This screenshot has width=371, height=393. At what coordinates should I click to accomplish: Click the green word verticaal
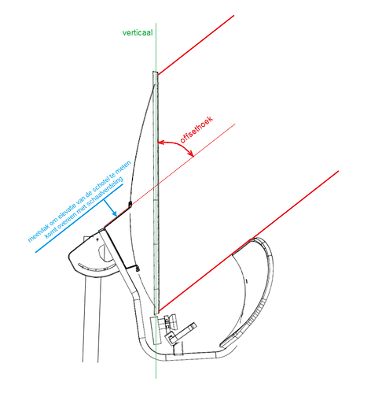[138, 33]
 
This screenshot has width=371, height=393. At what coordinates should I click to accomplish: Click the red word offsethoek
[197, 130]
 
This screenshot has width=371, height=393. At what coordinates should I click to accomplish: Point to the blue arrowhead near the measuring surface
[114, 213]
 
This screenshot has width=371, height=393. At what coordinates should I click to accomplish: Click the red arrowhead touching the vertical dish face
[161, 143]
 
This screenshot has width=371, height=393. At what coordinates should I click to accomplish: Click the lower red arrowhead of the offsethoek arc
[191, 154]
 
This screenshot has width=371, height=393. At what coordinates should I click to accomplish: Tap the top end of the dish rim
[155, 72]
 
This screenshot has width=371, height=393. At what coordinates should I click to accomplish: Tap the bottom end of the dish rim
[156, 313]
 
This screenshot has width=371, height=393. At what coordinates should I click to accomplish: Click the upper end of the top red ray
[233, 16]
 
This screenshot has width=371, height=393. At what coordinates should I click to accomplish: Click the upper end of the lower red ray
[338, 171]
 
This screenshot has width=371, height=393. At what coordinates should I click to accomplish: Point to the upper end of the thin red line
[235, 124]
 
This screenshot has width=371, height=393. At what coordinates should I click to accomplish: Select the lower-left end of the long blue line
[36, 252]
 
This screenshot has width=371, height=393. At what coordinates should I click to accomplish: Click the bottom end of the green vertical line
[156, 378]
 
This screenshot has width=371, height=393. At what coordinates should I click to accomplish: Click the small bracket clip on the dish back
[130, 204]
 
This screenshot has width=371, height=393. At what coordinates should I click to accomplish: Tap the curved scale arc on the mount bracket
[97, 269]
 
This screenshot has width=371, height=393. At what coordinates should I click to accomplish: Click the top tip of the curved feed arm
[253, 239]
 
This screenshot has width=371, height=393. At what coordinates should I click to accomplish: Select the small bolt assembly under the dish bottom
[170, 321]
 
